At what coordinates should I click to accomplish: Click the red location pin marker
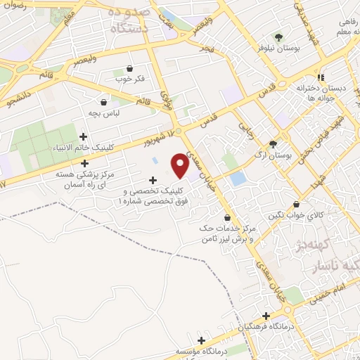[181, 165]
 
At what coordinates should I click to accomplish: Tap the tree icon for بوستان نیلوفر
[280, 37]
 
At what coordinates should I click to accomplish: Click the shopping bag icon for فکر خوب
[130, 68]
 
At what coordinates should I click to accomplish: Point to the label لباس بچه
[109, 112]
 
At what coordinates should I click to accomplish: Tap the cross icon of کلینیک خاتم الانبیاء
[84, 136]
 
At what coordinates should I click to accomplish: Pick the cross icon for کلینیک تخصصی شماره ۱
[153, 180]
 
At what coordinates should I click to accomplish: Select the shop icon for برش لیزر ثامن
[226, 217]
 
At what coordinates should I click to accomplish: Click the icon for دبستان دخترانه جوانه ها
[321, 77]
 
